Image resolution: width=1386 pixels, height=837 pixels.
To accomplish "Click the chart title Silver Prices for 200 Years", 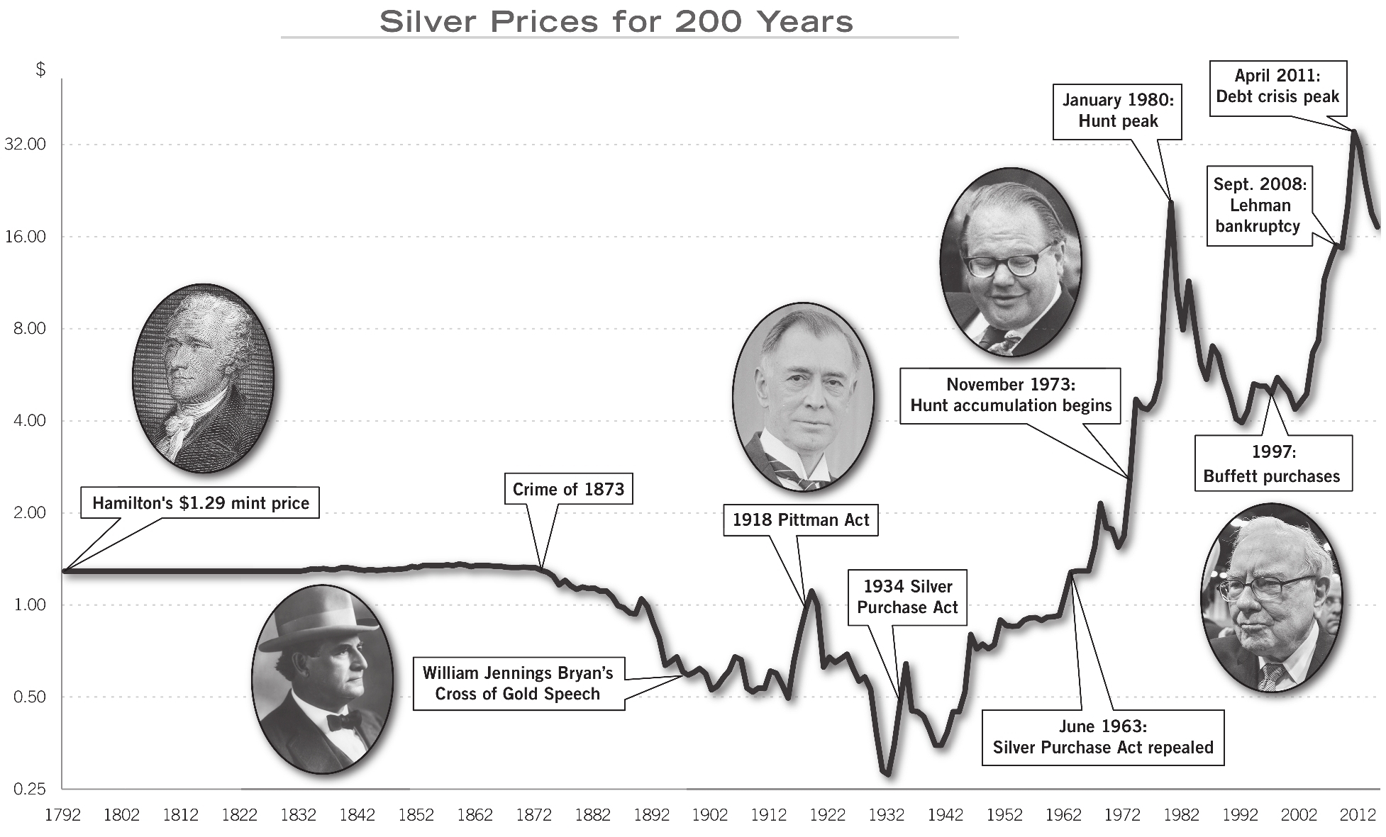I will pyautogui.click(x=616, y=22).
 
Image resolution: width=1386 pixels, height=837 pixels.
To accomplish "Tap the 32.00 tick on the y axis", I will pyautogui.click(x=25, y=145).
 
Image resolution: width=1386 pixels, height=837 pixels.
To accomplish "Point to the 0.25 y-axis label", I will pyautogui.click(x=29, y=789).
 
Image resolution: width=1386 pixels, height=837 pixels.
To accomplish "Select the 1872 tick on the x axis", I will pyautogui.click(x=533, y=815).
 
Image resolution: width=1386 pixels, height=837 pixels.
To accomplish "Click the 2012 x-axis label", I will pyautogui.click(x=1357, y=815).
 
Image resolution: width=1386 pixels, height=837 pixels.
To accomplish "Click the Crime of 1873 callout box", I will pyautogui.click(x=568, y=489).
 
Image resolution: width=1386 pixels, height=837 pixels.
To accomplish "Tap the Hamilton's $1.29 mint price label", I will pyautogui.click(x=200, y=502).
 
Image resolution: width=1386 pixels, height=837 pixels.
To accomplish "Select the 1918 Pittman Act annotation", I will pyautogui.click(x=800, y=519).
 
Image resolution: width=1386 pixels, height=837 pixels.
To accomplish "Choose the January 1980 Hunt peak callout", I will pyautogui.click(x=1117, y=111).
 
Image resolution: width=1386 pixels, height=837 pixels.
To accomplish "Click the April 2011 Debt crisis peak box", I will pyautogui.click(x=1277, y=86).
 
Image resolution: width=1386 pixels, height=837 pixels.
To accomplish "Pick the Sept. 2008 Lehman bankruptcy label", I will pyautogui.click(x=1259, y=206).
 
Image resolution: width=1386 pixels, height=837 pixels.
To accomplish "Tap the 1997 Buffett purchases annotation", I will pyautogui.click(x=1273, y=464).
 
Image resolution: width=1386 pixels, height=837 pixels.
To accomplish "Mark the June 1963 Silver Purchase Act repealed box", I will pyautogui.click(x=1102, y=737).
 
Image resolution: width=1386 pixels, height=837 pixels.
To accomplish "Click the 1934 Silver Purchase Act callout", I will pyautogui.click(x=907, y=597).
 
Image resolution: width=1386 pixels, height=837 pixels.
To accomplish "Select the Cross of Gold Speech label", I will pyautogui.click(x=518, y=683).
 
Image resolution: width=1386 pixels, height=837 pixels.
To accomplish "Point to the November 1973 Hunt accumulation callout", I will pyautogui.click(x=1010, y=395).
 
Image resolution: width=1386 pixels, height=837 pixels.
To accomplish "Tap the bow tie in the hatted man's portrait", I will pyautogui.click(x=344, y=721).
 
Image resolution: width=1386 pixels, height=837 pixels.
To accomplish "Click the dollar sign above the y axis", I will pyautogui.click(x=40, y=69).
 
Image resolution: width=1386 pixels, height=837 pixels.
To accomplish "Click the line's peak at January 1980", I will pyautogui.click(x=1171, y=203).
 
